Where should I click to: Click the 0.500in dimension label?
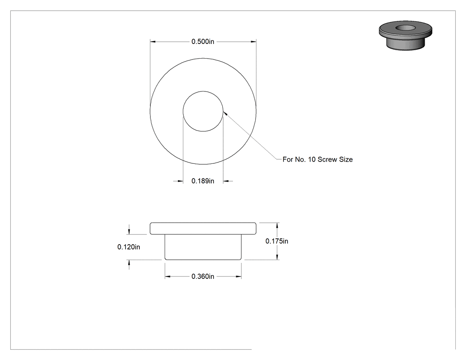coord(203,42)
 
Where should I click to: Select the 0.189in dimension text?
coord(203,181)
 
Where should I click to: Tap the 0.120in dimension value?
coord(129,247)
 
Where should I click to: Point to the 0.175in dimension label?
coord(276,241)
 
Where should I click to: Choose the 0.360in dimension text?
coord(203,277)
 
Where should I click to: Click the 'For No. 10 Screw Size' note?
coord(317,159)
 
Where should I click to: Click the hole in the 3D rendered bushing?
coord(406,28)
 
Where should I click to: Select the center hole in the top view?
coord(203,111)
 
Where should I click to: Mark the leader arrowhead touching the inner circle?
coord(225,113)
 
